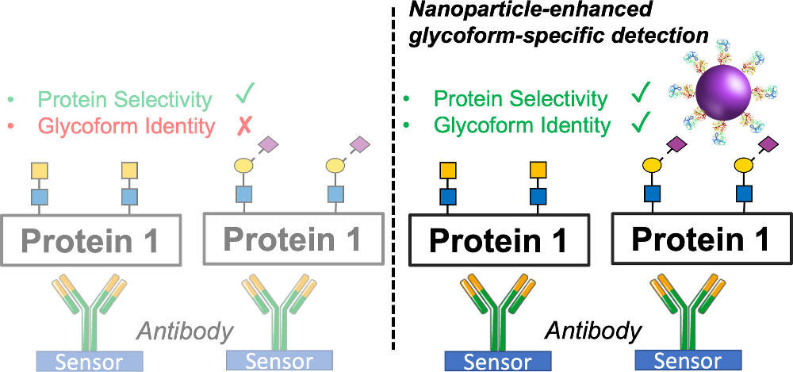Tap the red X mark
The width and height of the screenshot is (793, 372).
coord(246,125)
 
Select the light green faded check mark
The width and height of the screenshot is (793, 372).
coord(246,97)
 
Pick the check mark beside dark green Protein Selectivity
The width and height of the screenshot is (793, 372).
coord(641,97)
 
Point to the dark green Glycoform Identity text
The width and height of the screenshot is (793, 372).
coord(523,125)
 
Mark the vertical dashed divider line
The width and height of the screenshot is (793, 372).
coord(394,198)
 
